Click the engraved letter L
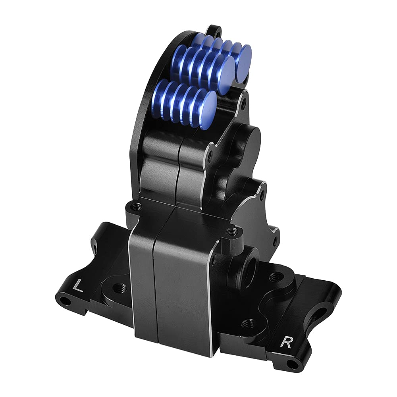(78, 286)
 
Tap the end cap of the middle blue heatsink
(223, 75)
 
